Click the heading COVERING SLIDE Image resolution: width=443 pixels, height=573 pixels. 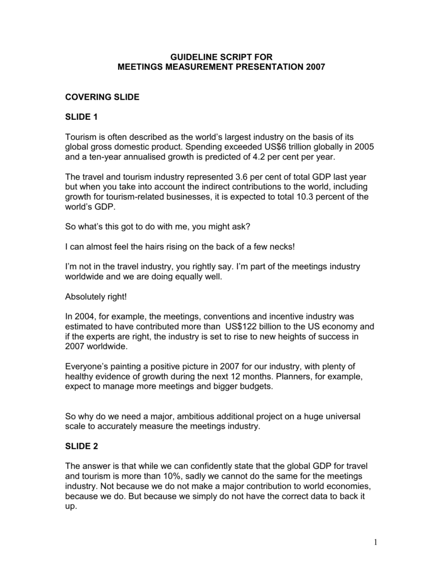click(102, 97)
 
